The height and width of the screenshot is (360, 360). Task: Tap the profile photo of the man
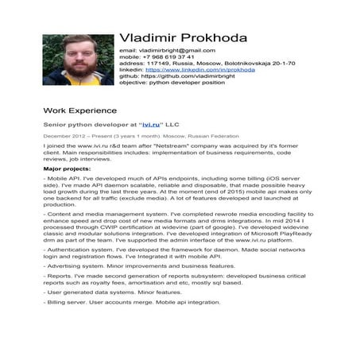78,60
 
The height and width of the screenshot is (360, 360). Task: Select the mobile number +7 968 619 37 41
166,57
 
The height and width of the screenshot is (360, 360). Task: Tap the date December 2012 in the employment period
60,137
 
